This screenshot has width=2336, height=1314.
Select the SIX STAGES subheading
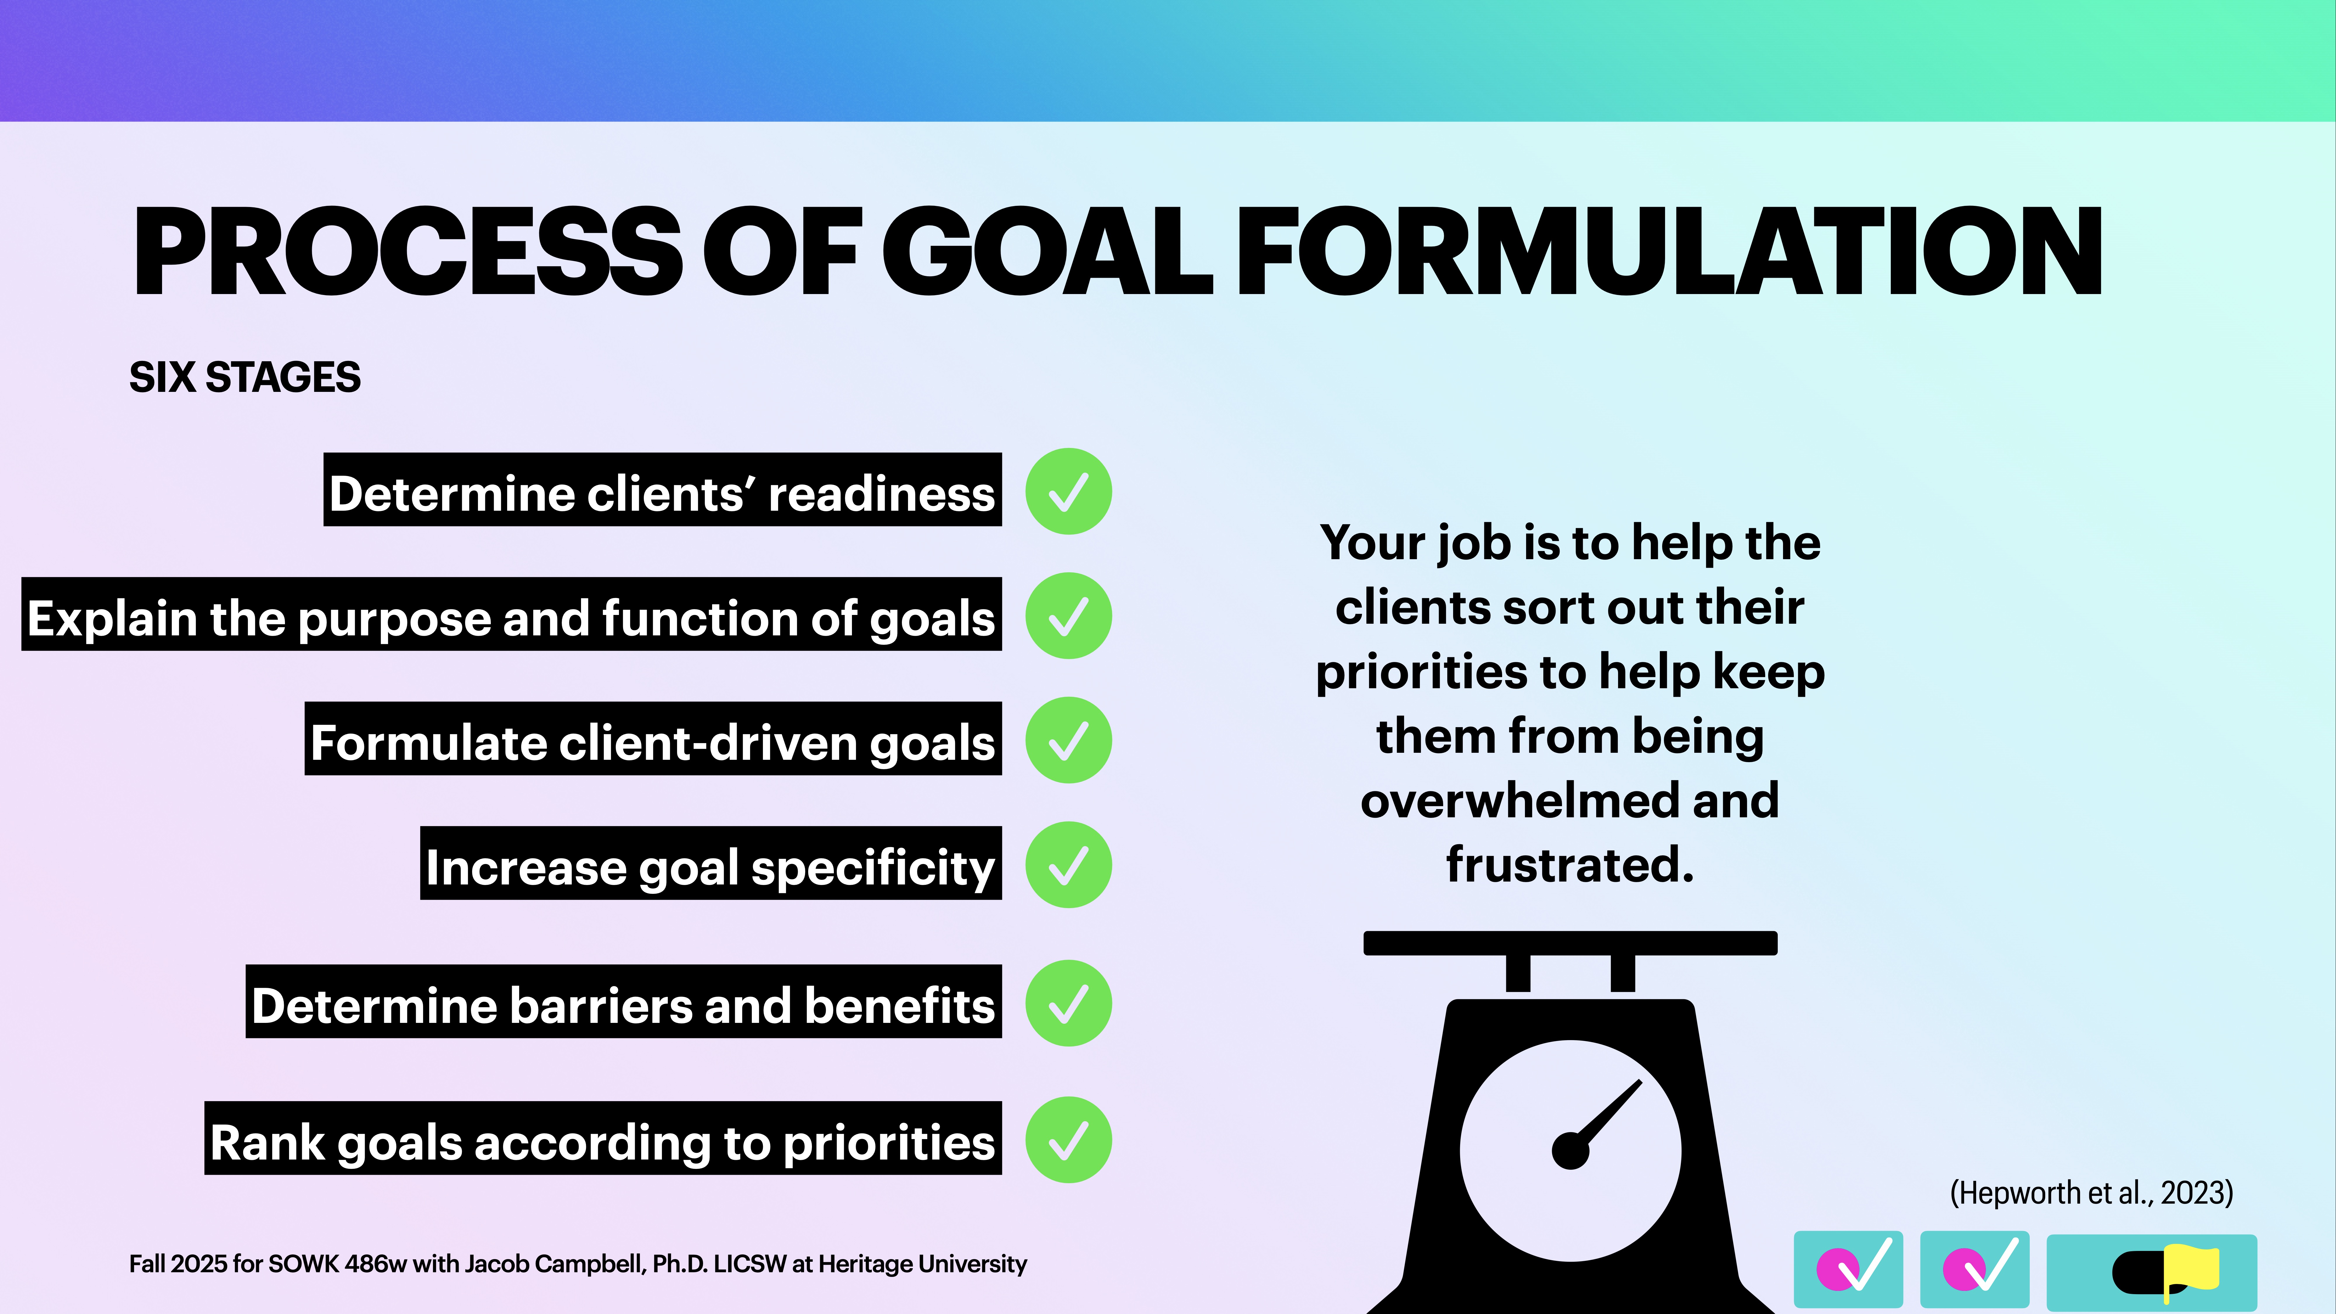pos(245,377)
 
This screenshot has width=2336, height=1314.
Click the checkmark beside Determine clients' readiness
pos(1068,491)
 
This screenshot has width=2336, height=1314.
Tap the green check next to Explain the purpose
pos(1068,616)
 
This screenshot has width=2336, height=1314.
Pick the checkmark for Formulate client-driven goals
pos(1068,740)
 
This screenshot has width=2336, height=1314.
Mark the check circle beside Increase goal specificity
pos(1068,865)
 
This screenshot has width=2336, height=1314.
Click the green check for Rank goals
pos(1068,1140)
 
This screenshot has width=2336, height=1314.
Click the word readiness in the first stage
pos(881,494)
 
